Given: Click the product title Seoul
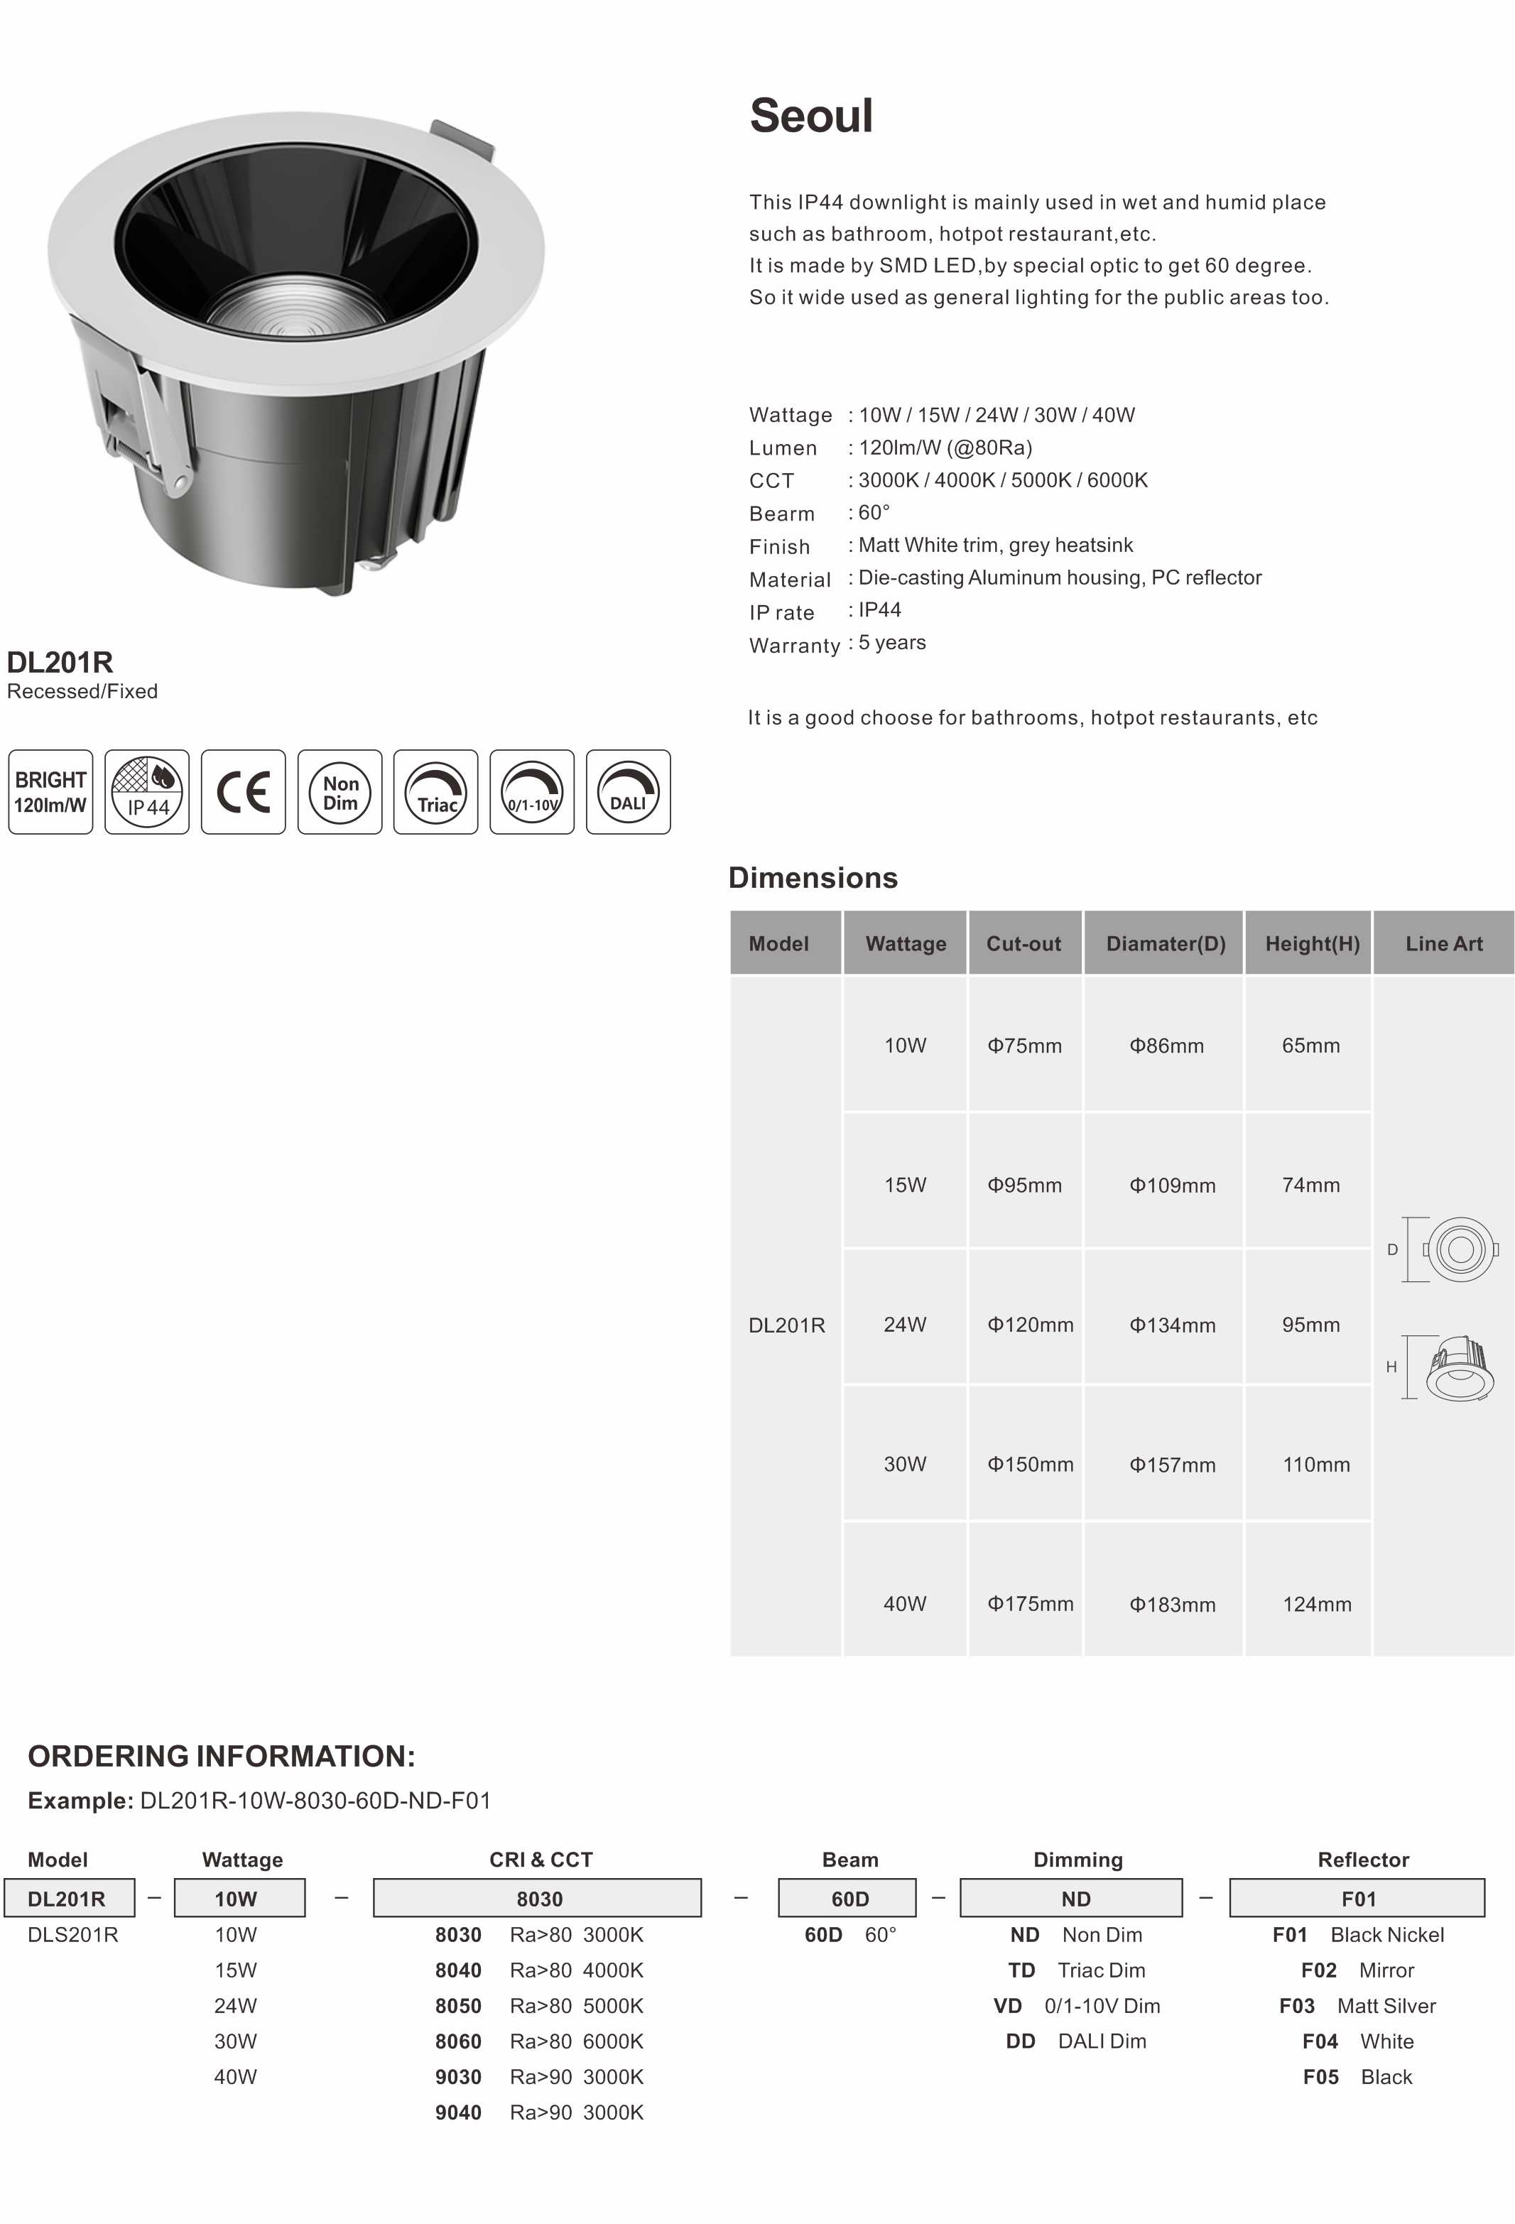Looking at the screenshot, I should coord(810,116).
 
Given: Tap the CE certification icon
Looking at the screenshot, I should coord(243,791).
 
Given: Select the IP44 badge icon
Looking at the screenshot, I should coord(146,791).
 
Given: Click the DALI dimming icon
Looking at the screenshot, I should coord(628,791).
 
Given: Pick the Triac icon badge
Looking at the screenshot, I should coord(435,791).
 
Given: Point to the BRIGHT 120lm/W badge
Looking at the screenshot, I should coord(50,791).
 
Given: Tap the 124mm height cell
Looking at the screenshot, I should coord(1317,1604).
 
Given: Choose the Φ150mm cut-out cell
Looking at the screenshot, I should coord(1030,1464).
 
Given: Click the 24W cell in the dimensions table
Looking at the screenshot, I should coord(904,1325).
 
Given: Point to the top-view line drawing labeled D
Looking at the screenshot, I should coord(1459,1249).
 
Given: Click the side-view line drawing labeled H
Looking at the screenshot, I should coord(1459,1369).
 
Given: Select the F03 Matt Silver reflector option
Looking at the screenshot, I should coord(1357,2006).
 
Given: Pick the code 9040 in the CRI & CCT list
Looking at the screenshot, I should coord(458,2112).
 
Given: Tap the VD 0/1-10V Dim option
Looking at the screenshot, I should coord(1076,2006).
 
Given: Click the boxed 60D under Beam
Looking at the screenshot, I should coord(849,1899).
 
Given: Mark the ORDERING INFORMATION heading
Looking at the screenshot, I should coord(221,1756).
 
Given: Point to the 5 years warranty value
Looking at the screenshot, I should coord(892,642).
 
